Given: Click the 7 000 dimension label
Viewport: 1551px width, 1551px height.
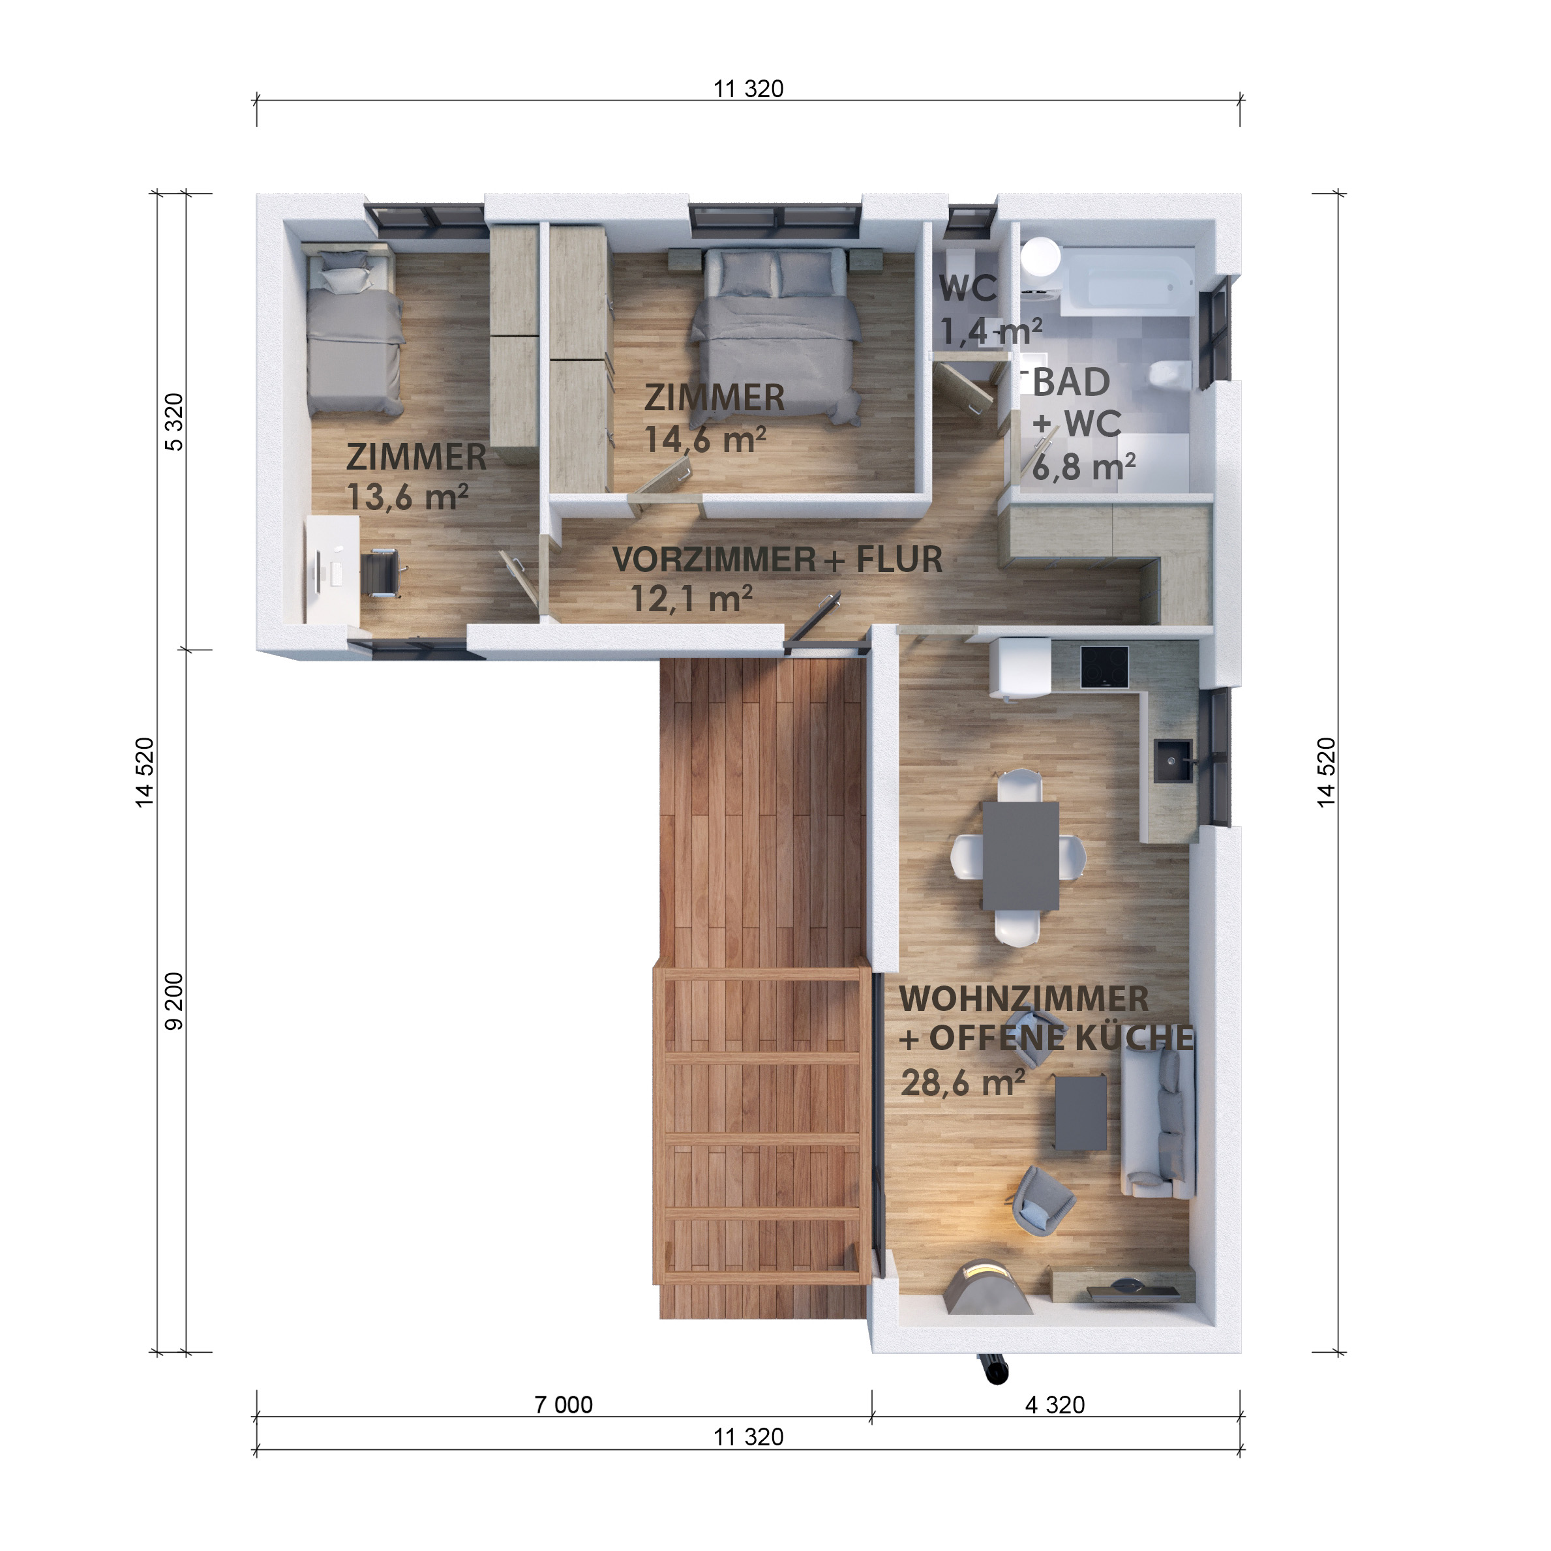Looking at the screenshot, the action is click(564, 1404).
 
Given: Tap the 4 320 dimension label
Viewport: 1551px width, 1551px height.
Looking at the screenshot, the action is click(1055, 1404).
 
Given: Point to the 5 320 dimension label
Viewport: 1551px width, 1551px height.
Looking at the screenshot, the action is click(174, 422).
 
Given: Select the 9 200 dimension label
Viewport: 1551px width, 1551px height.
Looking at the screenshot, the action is click(174, 1001).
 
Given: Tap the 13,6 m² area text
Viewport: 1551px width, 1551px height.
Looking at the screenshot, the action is click(407, 497).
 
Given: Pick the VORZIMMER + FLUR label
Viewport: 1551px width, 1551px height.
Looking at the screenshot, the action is click(777, 560).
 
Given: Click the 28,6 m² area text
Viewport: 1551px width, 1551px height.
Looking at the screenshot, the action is click(963, 1083).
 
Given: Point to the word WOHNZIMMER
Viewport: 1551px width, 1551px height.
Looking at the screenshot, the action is click(1023, 999).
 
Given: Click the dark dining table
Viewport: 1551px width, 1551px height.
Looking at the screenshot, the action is click(1020, 856).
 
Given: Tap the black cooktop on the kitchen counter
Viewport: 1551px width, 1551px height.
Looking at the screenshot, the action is click(1104, 667).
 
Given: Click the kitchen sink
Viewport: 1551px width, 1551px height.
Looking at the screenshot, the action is click(1173, 761).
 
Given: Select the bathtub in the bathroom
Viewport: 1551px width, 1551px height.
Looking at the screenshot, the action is click(1127, 282).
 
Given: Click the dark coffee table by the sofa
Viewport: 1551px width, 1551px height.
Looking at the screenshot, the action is click(1081, 1113).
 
